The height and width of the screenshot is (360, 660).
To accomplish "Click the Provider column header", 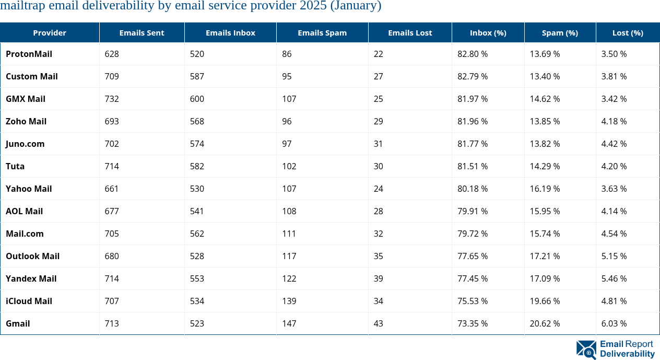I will coord(50,32).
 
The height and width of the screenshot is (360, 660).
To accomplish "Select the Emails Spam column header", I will coord(322,32).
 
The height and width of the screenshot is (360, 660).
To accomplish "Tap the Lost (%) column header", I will coord(628,32).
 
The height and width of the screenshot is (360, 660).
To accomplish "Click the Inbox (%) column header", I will coord(488,32).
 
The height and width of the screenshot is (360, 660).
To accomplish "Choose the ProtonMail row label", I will coord(29,54).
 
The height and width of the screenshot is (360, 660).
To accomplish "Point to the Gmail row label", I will coord(18,323).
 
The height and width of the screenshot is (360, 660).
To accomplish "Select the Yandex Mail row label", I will coord(31,278).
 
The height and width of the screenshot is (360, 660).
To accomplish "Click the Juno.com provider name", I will coord(25,144).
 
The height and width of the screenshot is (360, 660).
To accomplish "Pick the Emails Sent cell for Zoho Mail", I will coord(112,121).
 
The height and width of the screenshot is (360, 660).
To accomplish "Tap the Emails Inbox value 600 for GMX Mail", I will coord(197,99).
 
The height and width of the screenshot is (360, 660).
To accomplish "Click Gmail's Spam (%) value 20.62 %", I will coord(545,323).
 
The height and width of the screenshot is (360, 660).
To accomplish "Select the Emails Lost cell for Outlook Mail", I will coord(378,256).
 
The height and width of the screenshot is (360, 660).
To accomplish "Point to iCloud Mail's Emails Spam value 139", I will coord(289,301).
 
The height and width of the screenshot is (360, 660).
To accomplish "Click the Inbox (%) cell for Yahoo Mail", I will coord(472,189).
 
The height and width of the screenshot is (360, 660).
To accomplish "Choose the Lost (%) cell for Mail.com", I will coord(614,234).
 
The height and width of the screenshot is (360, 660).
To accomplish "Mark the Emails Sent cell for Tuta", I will coord(112,166).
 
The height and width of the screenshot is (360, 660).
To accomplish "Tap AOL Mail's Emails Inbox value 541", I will coord(197,211).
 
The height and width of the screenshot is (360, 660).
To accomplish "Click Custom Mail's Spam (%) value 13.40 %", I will coord(545,76).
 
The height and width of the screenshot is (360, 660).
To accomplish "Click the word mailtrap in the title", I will coord(22,6).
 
